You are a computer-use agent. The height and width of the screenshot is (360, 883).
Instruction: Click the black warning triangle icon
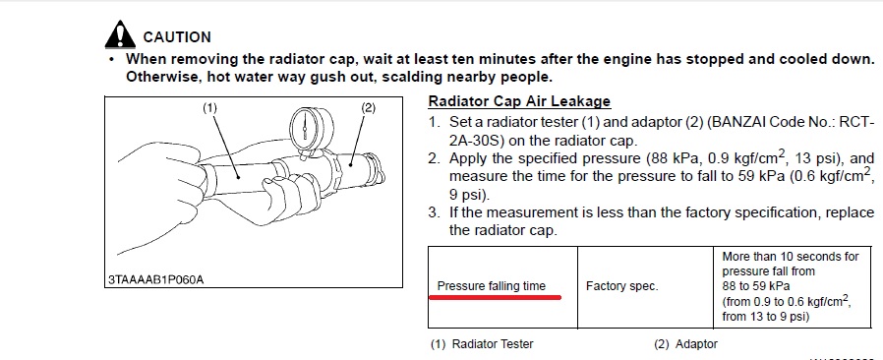[120, 34]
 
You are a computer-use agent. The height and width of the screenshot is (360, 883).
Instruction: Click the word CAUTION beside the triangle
[177, 37]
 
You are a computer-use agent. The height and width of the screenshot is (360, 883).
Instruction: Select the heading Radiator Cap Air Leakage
[519, 101]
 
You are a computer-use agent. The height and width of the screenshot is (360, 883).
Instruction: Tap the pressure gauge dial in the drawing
[305, 129]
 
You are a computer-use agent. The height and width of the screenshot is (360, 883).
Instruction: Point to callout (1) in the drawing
[209, 107]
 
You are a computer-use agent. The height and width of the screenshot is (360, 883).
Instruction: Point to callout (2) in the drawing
[368, 107]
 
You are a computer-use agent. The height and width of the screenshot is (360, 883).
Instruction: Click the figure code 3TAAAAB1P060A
[156, 279]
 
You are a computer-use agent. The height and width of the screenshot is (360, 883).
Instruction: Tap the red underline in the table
[496, 297]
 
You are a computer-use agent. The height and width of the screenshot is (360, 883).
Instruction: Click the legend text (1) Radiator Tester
[482, 343]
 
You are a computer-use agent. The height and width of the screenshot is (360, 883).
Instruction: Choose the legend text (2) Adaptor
[686, 343]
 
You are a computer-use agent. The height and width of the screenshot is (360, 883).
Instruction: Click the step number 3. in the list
[434, 213]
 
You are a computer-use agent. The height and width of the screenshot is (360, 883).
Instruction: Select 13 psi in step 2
[816, 158]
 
